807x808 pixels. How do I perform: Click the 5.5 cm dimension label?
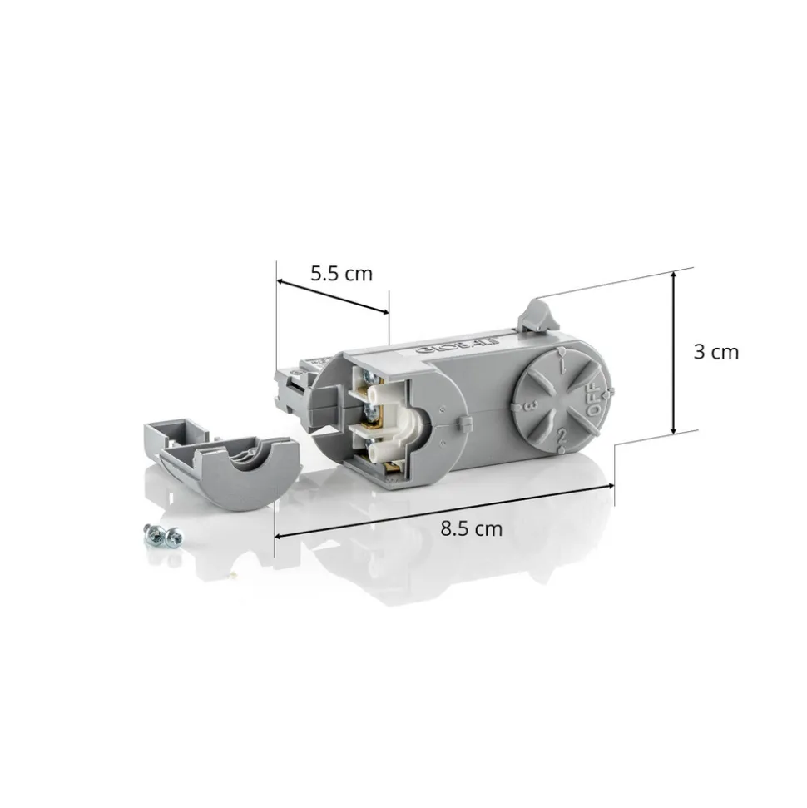341,273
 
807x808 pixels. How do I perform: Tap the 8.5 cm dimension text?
472,528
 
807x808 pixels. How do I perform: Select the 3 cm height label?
715,352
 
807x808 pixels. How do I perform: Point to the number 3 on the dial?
529,406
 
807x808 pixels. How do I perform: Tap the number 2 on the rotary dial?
562,434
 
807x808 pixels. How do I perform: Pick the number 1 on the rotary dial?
563,364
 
